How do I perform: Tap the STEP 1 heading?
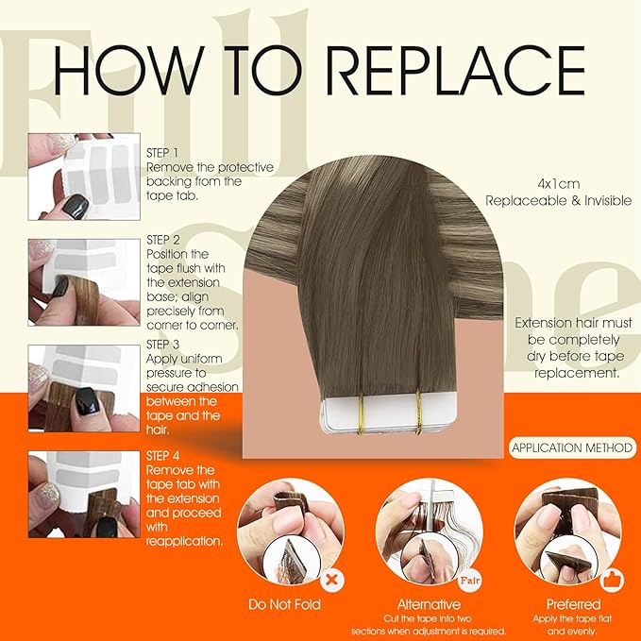click(162, 153)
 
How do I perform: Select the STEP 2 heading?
click(163, 240)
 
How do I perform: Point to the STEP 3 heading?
click(162, 345)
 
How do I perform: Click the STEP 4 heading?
click(162, 456)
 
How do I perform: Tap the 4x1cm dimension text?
click(559, 184)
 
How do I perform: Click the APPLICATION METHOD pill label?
click(572, 447)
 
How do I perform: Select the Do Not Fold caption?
click(284, 604)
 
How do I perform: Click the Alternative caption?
click(429, 604)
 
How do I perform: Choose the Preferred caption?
click(573, 604)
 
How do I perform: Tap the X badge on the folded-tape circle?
click(332, 580)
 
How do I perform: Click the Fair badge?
click(470, 580)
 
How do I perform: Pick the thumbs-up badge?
click(612, 580)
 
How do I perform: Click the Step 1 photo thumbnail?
click(84, 177)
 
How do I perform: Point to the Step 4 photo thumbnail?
click(84, 495)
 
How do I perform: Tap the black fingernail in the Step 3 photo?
click(88, 401)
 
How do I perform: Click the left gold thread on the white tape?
click(361, 413)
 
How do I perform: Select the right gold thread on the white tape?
click(418, 412)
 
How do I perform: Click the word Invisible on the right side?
click(608, 201)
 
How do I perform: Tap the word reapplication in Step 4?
click(185, 541)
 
